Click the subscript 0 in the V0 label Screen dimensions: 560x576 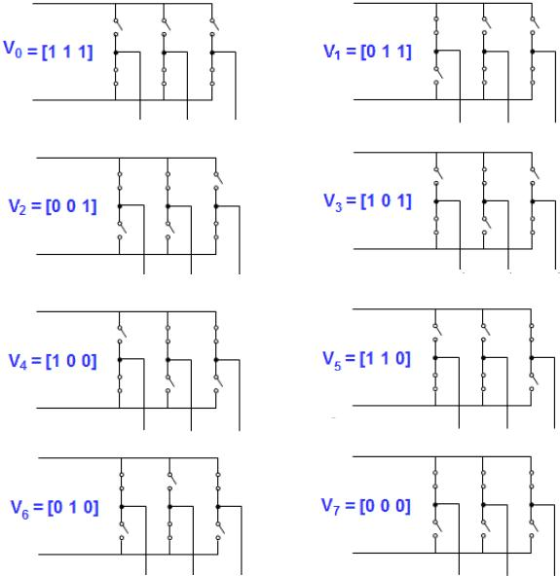(x=19, y=54)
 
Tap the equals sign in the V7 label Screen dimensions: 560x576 (x=350, y=506)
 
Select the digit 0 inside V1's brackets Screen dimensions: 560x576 (x=371, y=51)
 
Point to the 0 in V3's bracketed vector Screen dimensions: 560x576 (x=386, y=200)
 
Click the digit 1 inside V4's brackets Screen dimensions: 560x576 (x=56, y=361)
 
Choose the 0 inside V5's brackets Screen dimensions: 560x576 (x=400, y=358)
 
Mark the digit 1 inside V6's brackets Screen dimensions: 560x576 (x=73, y=507)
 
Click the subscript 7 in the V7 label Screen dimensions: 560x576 (x=336, y=511)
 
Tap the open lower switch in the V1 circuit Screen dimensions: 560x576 (x=437, y=75)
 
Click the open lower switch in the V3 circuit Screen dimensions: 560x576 (x=486, y=225)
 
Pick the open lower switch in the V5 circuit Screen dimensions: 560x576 (x=533, y=381)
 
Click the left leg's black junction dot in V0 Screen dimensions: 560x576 (x=116, y=53)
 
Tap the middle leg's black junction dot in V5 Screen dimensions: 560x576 (x=483, y=358)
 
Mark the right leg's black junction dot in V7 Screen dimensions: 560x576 (x=532, y=505)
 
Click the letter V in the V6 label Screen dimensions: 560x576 (x=17, y=507)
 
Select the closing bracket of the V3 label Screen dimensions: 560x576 (x=409, y=201)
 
